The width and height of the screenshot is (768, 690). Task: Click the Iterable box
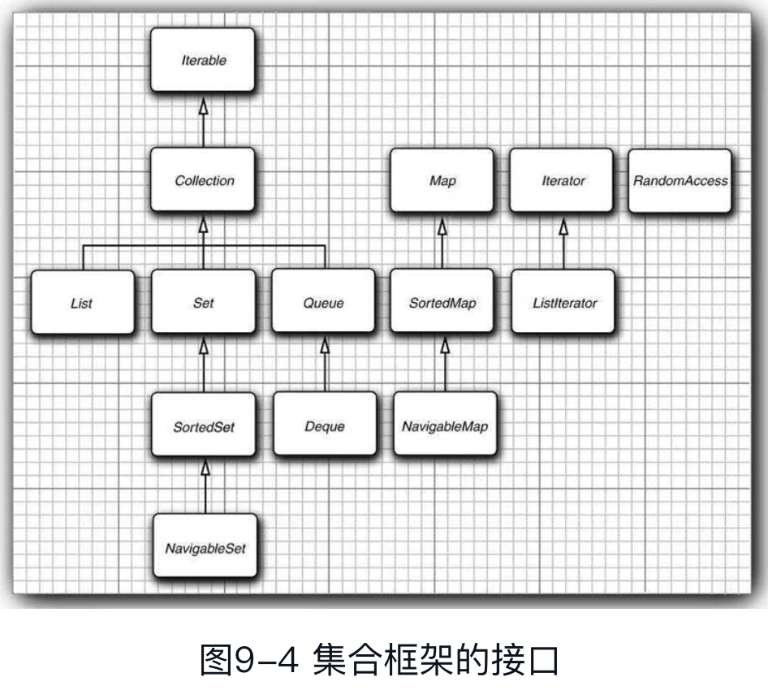coord(202,59)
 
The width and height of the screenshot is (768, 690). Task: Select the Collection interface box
coord(204,180)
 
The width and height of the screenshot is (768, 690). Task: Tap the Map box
coord(442,180)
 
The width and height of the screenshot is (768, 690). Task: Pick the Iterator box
coord(563,180)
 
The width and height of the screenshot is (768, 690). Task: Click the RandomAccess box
coord(680,180)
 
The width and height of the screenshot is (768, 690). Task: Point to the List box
coord(82,303)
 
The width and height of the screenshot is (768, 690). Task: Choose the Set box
coord(204,303)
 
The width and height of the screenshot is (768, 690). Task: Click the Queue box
coord(323,303)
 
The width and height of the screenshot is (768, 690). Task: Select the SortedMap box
coord(442,303)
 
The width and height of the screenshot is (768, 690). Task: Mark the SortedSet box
coord(204,425)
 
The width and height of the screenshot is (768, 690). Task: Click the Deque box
coord(324,425)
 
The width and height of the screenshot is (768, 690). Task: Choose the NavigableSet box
coord(205,547)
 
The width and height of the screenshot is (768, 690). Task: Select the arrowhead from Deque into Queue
coord(324,346)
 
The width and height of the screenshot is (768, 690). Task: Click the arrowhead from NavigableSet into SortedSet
coord(205,468)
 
